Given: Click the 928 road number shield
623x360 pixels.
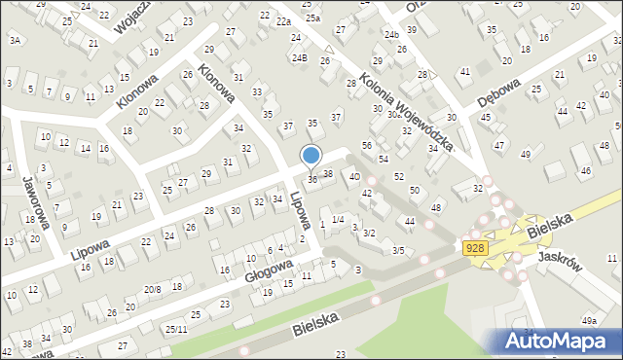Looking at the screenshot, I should tap(475, 249).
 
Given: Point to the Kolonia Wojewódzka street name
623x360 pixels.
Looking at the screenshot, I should tap(407, 112).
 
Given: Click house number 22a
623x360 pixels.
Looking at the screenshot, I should tap(283, 21).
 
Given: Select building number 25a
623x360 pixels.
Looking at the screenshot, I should tap(311, 18).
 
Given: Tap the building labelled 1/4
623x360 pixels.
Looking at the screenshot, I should tap(338, 219).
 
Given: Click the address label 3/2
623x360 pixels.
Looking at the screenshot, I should tap(369, 234).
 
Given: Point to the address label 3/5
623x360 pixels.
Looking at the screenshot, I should tap(398, 250).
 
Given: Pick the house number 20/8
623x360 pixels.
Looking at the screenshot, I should tap(152, 289).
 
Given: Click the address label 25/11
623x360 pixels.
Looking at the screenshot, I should tap(176, 329).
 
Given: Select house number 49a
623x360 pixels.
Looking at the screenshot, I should tap(589, 320).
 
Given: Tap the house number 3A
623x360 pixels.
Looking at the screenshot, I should tap(15, 40).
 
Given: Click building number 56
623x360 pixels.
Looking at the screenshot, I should tap(367, 145).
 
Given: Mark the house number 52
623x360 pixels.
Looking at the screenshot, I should tap(399, 176).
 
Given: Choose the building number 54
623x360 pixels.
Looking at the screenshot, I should tap(384, 158).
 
